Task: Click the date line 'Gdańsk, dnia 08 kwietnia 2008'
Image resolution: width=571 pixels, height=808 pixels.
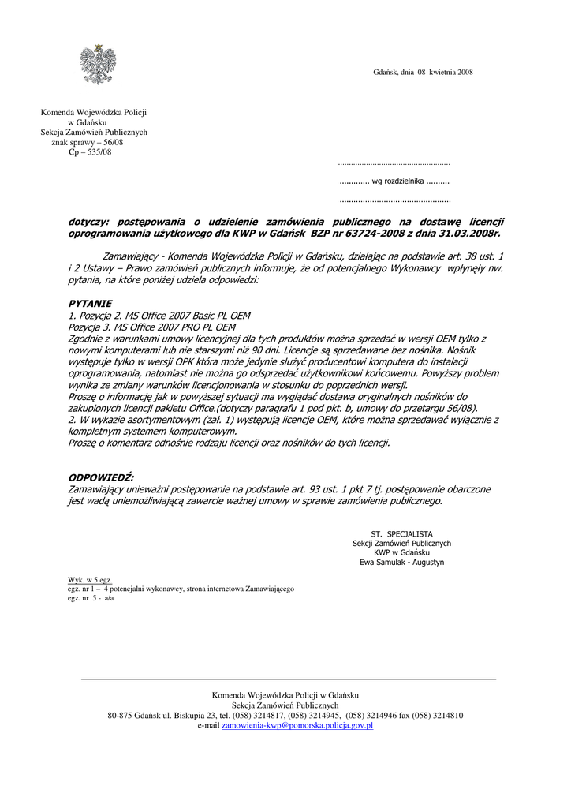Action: point(423,73)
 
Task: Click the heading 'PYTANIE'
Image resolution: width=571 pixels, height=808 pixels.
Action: point(90,303)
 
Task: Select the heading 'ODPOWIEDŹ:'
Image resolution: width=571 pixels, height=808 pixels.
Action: point(101,478)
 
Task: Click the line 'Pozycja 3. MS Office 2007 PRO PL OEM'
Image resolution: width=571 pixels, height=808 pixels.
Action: point(152,326)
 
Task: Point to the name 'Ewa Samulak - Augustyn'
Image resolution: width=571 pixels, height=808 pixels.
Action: point(401,563)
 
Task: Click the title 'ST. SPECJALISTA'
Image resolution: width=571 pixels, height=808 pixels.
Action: point(401,534)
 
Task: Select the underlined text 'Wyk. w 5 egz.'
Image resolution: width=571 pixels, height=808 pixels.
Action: point(90,580)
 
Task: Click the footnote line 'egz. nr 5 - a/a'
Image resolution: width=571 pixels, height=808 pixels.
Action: point(91,598)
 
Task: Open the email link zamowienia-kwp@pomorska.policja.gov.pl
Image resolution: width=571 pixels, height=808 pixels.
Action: point(297,724)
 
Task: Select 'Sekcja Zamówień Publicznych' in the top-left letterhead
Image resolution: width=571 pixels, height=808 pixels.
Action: point(94,133)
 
